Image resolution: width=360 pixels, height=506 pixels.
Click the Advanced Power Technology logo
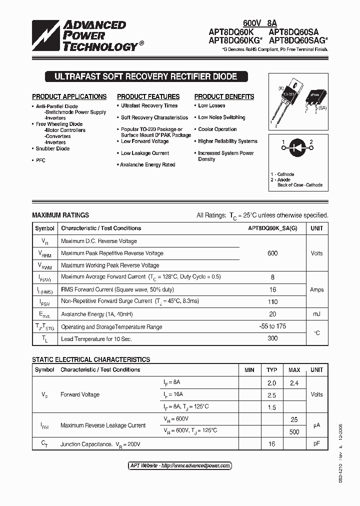85,35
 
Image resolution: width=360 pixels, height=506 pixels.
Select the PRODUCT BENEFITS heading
224,96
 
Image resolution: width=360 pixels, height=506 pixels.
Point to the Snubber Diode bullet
52,148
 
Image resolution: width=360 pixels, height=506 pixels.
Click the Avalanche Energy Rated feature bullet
147,164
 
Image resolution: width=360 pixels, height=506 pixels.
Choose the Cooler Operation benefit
217,129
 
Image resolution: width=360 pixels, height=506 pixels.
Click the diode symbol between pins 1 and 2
297,148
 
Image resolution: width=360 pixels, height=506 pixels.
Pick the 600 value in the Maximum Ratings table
272,253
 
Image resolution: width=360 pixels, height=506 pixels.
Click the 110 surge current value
272,302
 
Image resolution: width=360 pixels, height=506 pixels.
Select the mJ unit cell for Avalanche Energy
316,314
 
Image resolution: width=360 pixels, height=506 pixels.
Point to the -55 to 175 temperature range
272,326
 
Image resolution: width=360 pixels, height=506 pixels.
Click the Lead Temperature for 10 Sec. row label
96,339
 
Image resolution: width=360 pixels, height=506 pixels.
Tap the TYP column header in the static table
271,370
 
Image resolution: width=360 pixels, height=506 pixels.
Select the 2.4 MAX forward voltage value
294,383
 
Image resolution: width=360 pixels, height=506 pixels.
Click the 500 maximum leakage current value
294,432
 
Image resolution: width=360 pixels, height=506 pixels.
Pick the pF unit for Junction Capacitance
316,443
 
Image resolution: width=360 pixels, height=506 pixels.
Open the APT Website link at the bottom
180,465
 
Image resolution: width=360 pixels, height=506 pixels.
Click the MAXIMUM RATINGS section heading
60,215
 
